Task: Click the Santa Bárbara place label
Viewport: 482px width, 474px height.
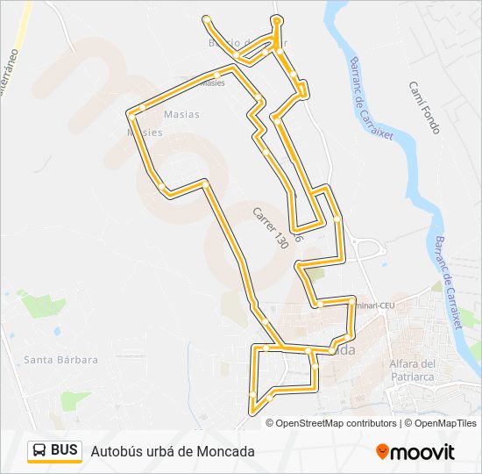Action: (x=60, y=359)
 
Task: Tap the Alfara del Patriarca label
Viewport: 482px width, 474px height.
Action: (x=412, y=370)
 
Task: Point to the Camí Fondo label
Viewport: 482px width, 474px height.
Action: (x=424, y=107)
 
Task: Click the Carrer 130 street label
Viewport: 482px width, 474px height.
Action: (x=270, y=228)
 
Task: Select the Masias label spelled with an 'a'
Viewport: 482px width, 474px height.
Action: (x=181, y=114)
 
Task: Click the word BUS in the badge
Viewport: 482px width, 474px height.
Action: (x=64, y=450)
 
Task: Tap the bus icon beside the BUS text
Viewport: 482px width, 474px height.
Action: (x=39, y=451)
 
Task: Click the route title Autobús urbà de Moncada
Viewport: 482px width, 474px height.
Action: (x=173, y=451)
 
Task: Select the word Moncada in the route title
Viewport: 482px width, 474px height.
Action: (x=225, y=451)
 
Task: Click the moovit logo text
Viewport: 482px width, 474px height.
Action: (x=422, y=452)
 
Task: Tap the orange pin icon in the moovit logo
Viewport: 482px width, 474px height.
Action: (x=382, y=451)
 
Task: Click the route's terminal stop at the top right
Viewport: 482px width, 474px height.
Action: (x=277, y=19)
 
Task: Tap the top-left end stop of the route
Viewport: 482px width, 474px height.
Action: (x=206, y=18)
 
